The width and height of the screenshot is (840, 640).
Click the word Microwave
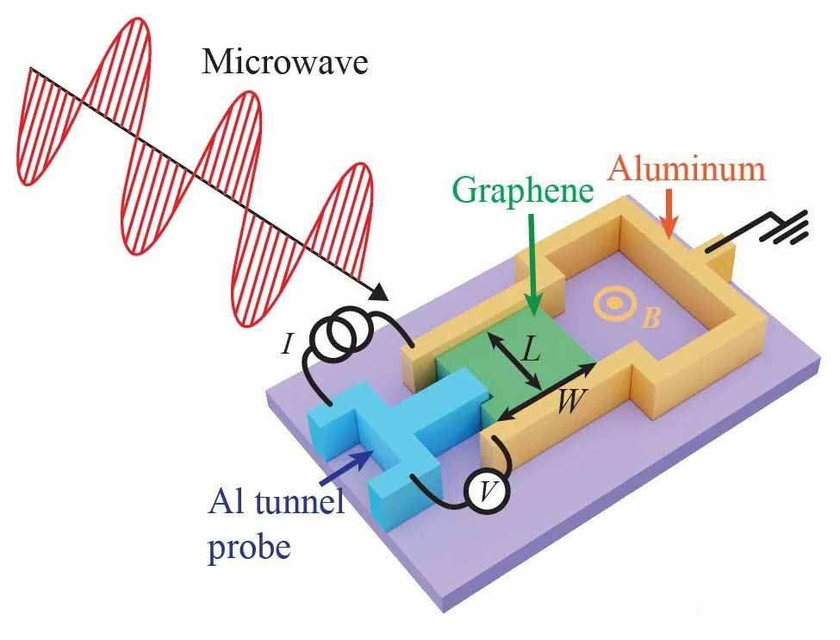click(x=285, y=62)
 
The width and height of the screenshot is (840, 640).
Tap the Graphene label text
click(x=523, y=191)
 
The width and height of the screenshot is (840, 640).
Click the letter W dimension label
click(x=571, y=400)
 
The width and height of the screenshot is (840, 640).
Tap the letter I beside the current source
click(x=287, y=343)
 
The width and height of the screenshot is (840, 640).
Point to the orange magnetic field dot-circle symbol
click(x=614, y=303)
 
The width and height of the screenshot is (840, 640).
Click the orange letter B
click(x=650, y=318)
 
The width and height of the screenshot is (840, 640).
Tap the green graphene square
click(x=514, y=360)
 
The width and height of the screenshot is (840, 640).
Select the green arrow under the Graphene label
click(x=532, y=263)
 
